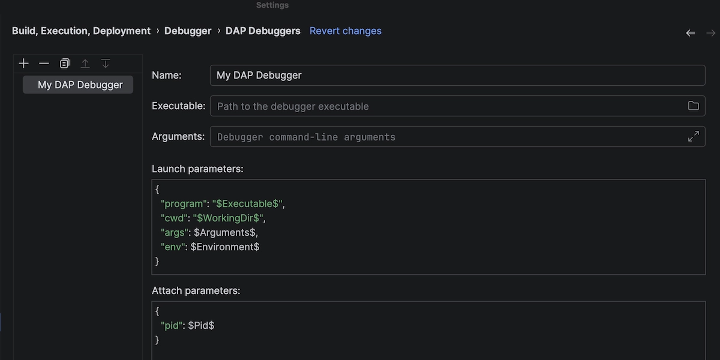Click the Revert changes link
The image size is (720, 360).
[x=345, y=31]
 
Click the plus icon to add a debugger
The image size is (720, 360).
[x=23, y=64]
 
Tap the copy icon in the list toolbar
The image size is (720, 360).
[x=65, y=64]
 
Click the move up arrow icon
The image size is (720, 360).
[x=85, y=64]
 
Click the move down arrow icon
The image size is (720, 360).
[x=106, y=64]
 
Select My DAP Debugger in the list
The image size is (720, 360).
[x=80, y=85]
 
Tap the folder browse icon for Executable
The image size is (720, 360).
[x=694, y=106]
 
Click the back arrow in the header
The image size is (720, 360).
[x=691, y=33]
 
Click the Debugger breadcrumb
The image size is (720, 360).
[x=188, y=31]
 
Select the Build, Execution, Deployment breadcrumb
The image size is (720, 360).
[x=81, y=31]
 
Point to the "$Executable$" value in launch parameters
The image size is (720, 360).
[x=247, y=203]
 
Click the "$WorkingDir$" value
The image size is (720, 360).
[x=229, y=218]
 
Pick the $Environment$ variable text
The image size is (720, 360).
[x=225, y=247]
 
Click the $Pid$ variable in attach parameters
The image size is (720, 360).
[x=201, y=325]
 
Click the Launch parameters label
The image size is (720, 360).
[x=197, y=169]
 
